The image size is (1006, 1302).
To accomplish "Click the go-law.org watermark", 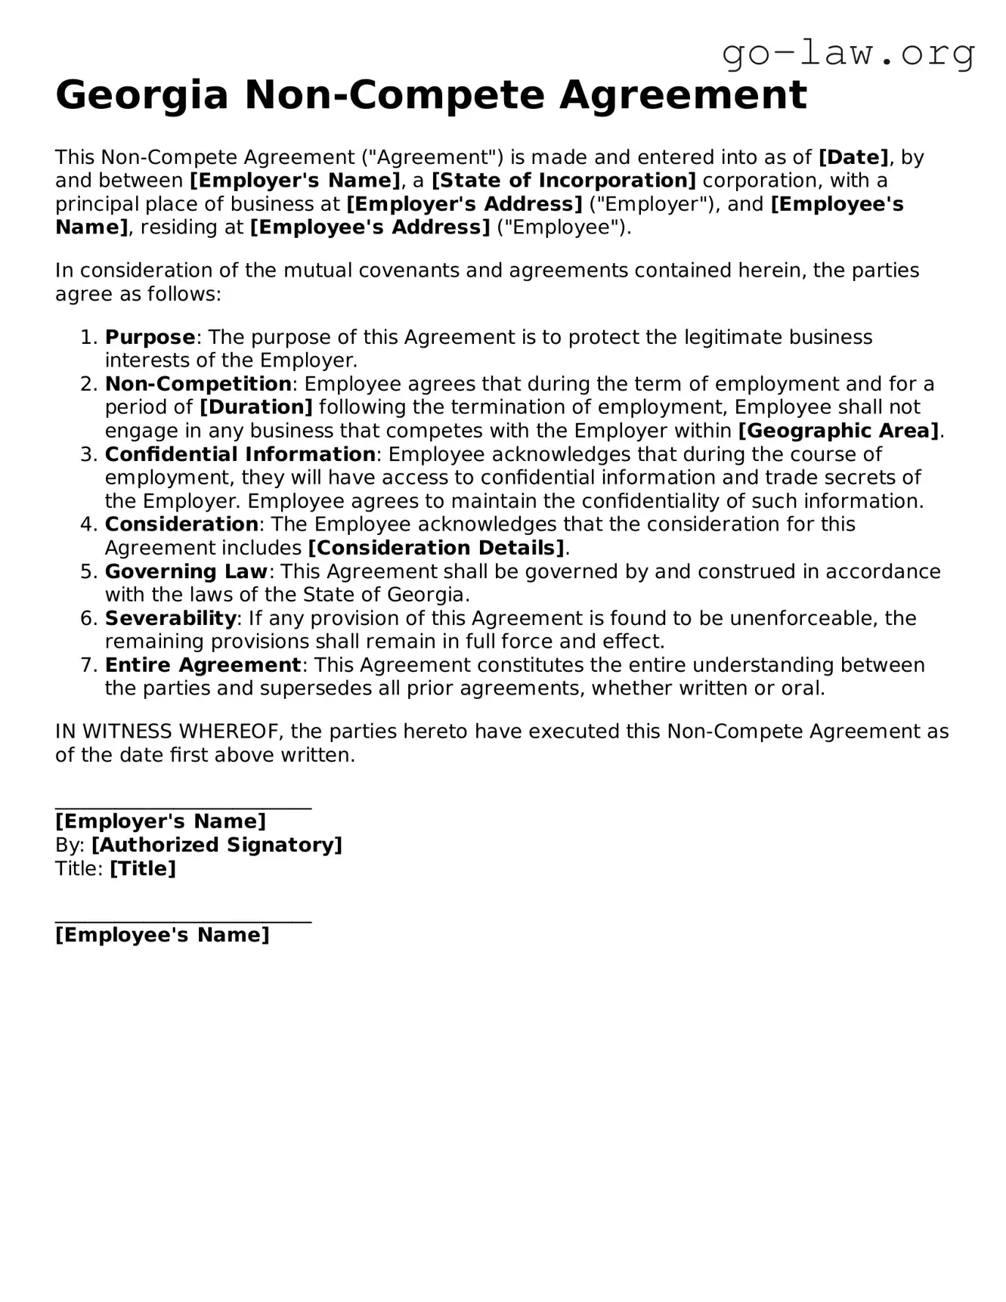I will [848, 54].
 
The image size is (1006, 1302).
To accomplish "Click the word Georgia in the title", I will [142, 96].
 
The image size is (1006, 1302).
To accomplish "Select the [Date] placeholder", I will [853, 157].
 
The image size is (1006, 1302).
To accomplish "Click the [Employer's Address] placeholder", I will [464, 204].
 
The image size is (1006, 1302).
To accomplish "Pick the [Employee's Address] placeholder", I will [370, 227].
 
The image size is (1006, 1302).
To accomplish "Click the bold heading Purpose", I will [150, 337].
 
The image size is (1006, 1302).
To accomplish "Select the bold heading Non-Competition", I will [198, 384].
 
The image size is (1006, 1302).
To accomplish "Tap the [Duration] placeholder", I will [255, 407].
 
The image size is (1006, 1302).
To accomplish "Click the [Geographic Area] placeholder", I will [838, 431].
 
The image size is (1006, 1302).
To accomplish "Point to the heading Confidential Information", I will [240, 454].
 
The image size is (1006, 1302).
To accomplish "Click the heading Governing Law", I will [186, 571].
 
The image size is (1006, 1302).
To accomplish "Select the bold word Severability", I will [171, 618].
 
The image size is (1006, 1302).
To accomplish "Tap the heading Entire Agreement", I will [203, 665].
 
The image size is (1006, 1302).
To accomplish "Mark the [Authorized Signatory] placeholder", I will [216, 845].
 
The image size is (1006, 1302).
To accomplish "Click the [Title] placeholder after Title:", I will [143, 868].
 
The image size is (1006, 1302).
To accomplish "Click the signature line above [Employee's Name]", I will [183, 921].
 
